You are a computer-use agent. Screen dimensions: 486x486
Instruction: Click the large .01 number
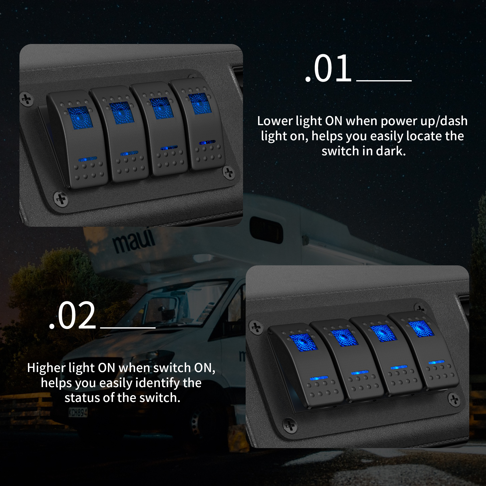point(328,69)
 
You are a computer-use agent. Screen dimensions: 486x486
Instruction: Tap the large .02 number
point(72,315)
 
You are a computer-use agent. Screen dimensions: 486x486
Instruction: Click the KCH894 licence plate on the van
point(78,412)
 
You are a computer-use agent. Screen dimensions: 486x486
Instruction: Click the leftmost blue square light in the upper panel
point(80,118)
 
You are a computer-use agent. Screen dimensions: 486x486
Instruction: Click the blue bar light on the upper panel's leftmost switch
point(88,159)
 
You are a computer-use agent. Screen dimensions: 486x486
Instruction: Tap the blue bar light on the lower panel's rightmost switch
point(436,362)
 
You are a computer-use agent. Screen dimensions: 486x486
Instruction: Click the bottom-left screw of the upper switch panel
point(61,200)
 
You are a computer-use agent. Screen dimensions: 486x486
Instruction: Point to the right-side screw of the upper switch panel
point(229,173)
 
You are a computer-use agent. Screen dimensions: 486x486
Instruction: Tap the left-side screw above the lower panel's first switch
point(256,327)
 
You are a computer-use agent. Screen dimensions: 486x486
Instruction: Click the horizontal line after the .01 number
point(384,81)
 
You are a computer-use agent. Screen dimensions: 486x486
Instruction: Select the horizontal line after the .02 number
point(128,328)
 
